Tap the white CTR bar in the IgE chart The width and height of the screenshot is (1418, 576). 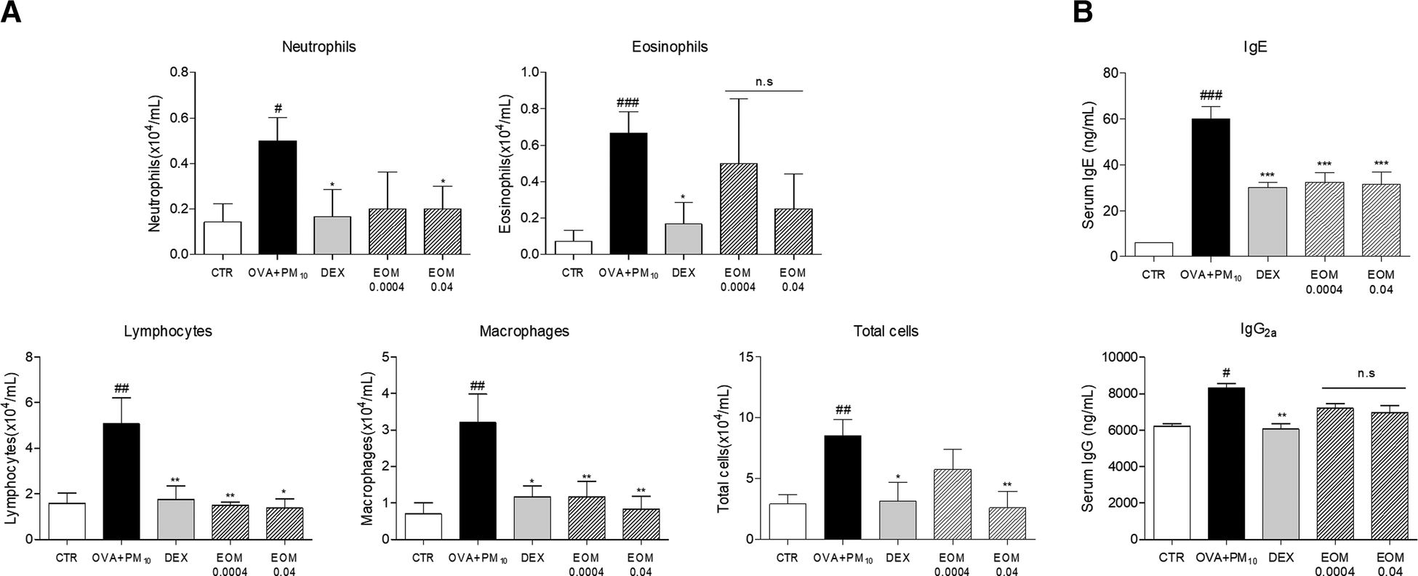tap(1153, 249)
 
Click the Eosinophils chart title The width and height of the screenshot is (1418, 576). tap(670, 47)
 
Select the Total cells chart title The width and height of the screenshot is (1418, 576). tap(885, 332)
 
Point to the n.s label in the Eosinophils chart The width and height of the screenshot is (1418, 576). tap(764, 81)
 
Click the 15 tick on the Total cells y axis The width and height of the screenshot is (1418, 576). tap(745, 357)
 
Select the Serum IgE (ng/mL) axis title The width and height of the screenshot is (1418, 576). tap(1088, 164)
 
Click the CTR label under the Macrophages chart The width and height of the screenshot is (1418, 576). tap(423, 559)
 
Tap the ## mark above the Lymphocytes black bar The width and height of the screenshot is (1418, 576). tap(121, 385)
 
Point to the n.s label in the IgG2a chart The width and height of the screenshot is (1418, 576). tap(1366, 373)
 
